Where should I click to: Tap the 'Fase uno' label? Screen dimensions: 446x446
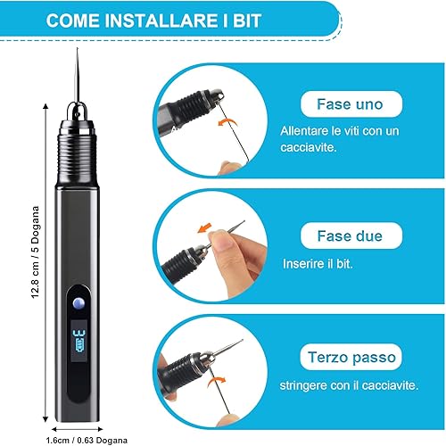[350, 104]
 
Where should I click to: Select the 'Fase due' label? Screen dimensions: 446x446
[350, 236]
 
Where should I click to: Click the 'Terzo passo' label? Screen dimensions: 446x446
[351, 358]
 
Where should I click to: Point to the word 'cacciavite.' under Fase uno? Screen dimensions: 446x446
[309, 148]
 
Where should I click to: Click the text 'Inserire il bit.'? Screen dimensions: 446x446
[318, 264]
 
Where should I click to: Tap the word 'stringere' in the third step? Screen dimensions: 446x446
[303, 386]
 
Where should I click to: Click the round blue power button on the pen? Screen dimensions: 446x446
[78, 303]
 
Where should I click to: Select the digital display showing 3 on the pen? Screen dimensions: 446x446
[78, 342]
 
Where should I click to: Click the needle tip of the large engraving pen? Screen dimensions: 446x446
[78, 48]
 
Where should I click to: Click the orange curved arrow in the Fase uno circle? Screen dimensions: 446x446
[227, 121]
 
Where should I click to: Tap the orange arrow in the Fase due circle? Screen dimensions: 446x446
[204, 227]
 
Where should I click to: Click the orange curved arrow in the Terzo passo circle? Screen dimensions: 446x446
[216, 381]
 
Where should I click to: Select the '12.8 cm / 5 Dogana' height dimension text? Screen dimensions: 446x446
[36, 252]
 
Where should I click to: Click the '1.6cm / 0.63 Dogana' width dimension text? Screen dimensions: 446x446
[87, 440]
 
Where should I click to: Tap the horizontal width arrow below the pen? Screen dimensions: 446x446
[77, 429]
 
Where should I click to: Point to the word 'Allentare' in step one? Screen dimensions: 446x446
[303, 131]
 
